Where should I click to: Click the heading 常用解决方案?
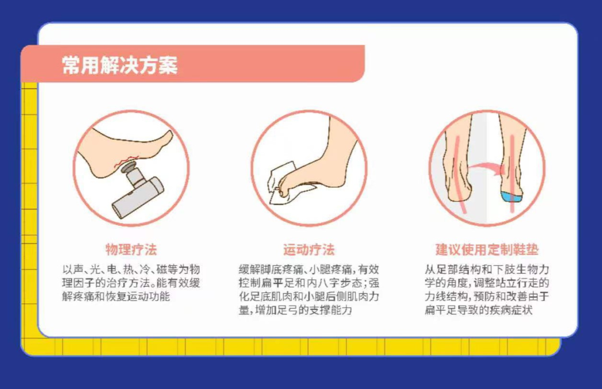click(x=120, y=65)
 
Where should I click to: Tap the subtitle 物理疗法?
click(x=132, y=249)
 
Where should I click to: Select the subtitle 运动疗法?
click(x=309, y=249)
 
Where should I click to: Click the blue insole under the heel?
click(x=511, y=196)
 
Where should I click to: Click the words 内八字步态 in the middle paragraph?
click(x=331, y=283)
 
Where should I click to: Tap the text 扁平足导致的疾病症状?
click(x=478, y=310)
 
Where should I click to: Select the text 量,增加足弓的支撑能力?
click(x=296, y=310)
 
